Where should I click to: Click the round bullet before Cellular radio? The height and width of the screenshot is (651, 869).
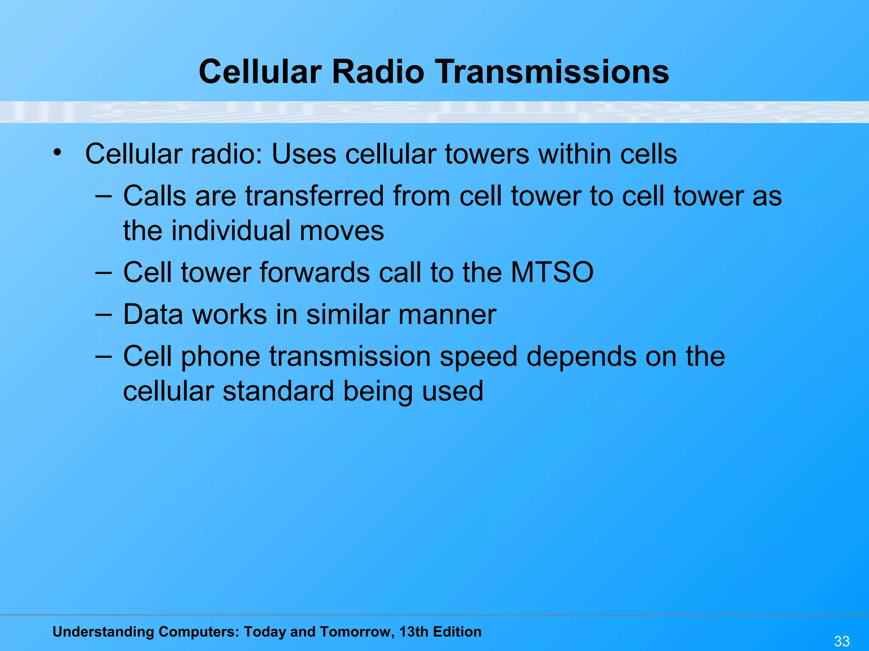pos(57,152)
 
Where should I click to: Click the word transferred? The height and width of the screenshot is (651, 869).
pos(314,196)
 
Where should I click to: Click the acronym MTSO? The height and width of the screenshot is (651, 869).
pos(552,272)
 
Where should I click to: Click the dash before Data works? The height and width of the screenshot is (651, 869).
pos(104,314)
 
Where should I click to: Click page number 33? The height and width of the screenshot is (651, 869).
pos(842,641)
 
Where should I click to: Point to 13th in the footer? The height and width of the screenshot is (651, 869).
pos(413,632)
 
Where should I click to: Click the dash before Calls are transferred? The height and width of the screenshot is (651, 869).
pos(104,196)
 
